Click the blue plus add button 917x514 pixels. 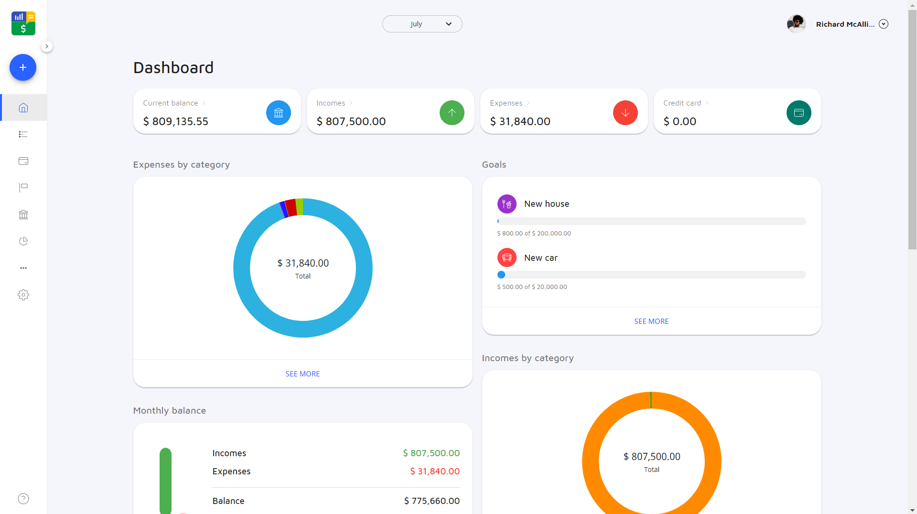click(23, 67)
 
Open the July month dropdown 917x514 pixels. click(422, 24)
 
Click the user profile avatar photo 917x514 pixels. click(796, 24)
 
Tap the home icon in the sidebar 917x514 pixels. click(23, 107)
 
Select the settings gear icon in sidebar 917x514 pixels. click(23, 295)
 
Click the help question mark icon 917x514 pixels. click(23, 499)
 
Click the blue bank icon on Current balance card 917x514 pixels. click(279, 113)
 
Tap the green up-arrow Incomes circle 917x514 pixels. click(452, 113)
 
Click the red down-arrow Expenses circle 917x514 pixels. click(625, 113)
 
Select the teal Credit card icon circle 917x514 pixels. click(798, 113)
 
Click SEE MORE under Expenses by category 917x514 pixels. click(302, 374)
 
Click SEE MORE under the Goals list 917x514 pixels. click(651, 321)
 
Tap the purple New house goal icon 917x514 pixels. click(507, 204)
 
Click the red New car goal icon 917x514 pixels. click(507, 257)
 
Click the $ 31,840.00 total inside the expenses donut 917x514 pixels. click(303, 263)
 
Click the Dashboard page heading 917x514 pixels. click(173, 68)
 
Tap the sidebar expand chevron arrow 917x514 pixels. click(46, 46)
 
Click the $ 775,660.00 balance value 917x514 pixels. click(432, 501)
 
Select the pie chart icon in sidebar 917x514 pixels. click(23, 241)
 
